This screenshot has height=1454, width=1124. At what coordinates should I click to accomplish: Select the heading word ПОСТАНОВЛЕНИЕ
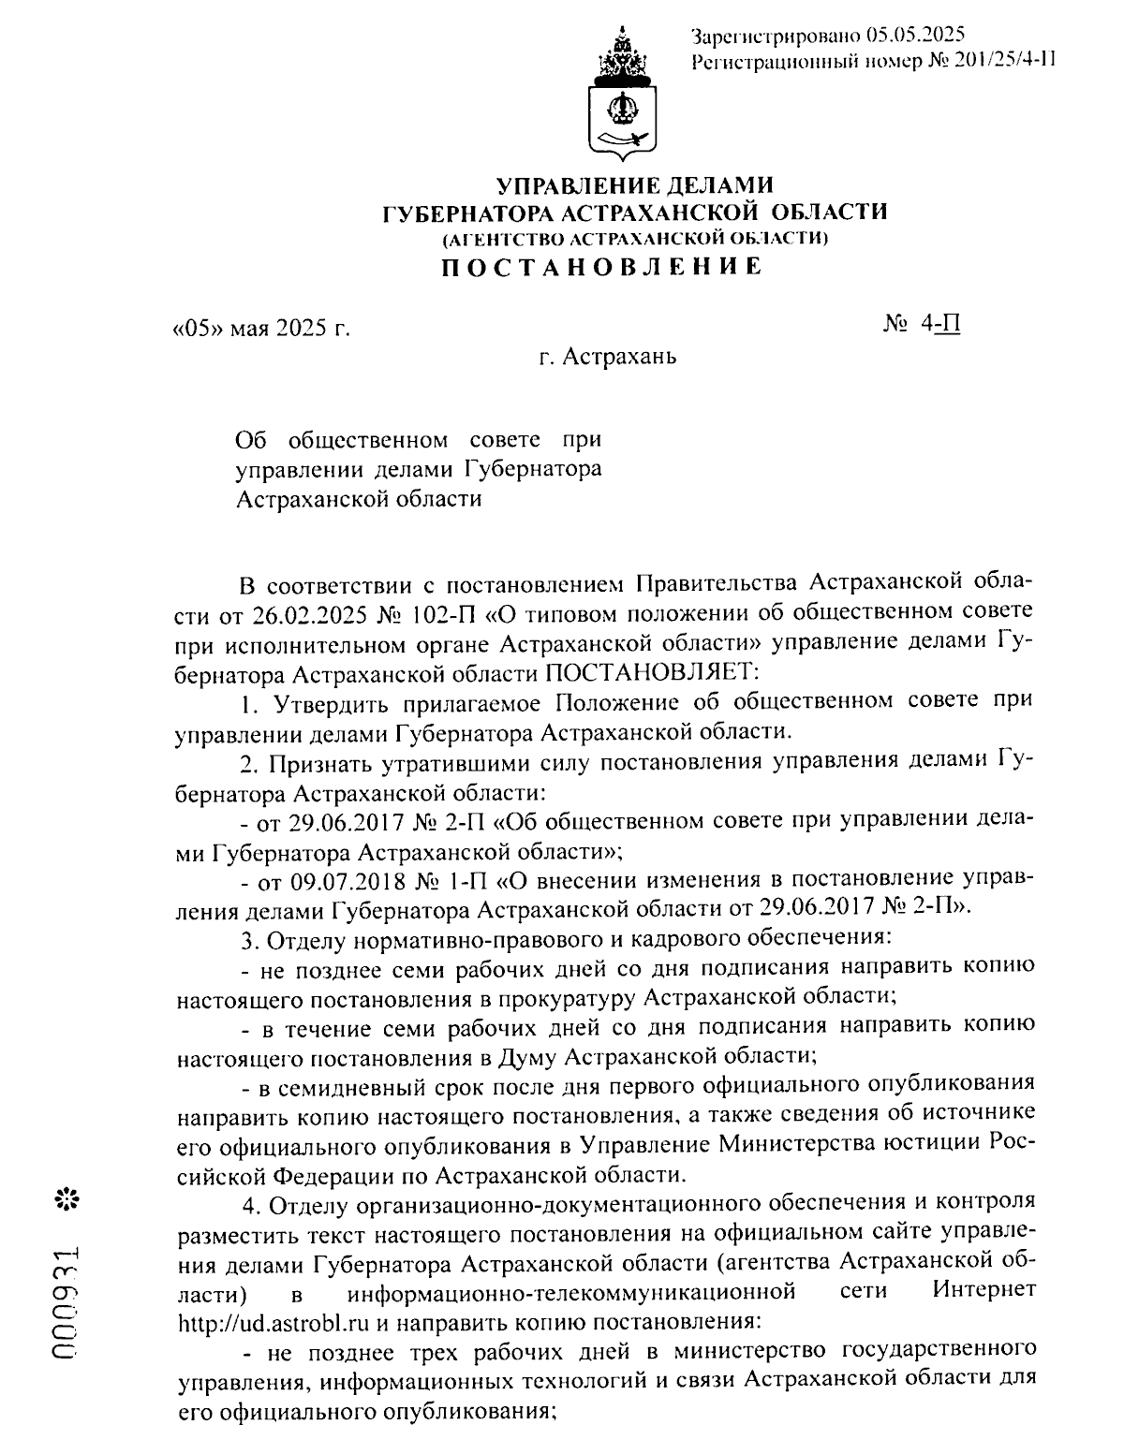click(602, 268)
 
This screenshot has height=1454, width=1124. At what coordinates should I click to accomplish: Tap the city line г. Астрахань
click(607, 357)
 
